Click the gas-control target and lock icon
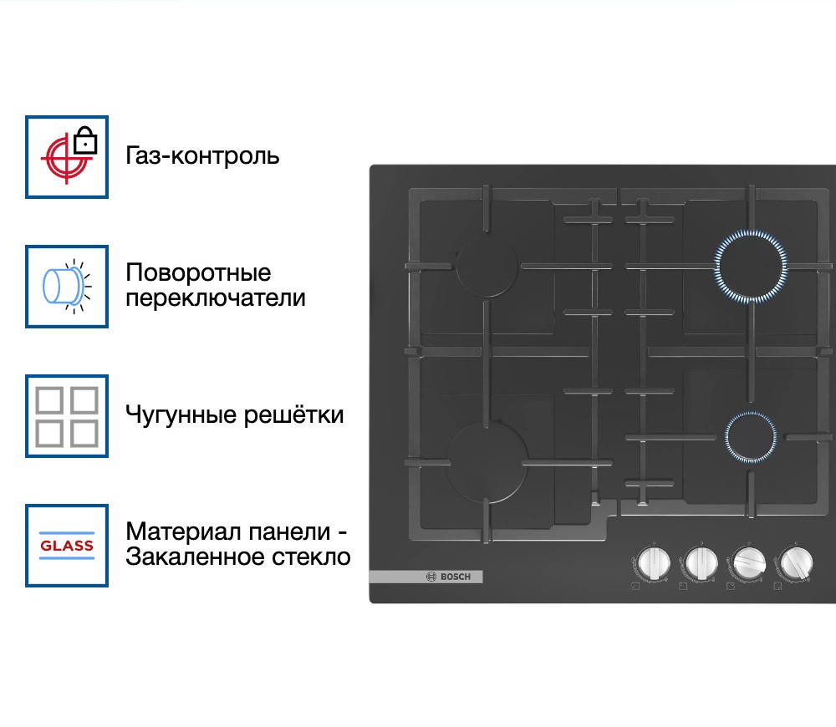(67, 157)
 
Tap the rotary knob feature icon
(67, 286)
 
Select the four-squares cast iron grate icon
(67, 415)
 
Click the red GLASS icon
(67, 545)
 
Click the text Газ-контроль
(202, 156)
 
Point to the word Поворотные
(198, 273)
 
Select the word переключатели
(216, 297)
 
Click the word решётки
(295, 414)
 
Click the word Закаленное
(192, 557)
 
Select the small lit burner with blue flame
(750, 437)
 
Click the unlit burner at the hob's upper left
(487, 266)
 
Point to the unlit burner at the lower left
(487, 461)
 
